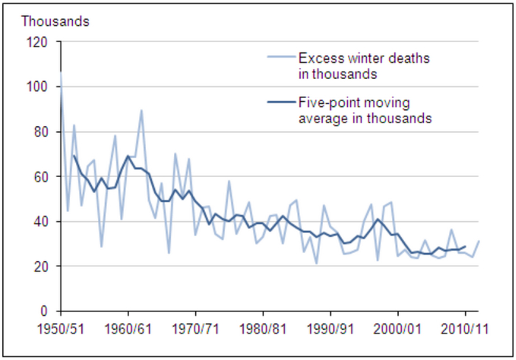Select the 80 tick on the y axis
click(x=41, y=132)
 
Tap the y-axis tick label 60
click(x=41, y=177)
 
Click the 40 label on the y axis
click(x=41, y=221)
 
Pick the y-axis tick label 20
click(x=41, y=266)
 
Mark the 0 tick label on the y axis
click(x=45, y=311)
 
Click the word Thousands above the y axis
click(x=55, y=20)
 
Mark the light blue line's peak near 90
click(x=142, y=111)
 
